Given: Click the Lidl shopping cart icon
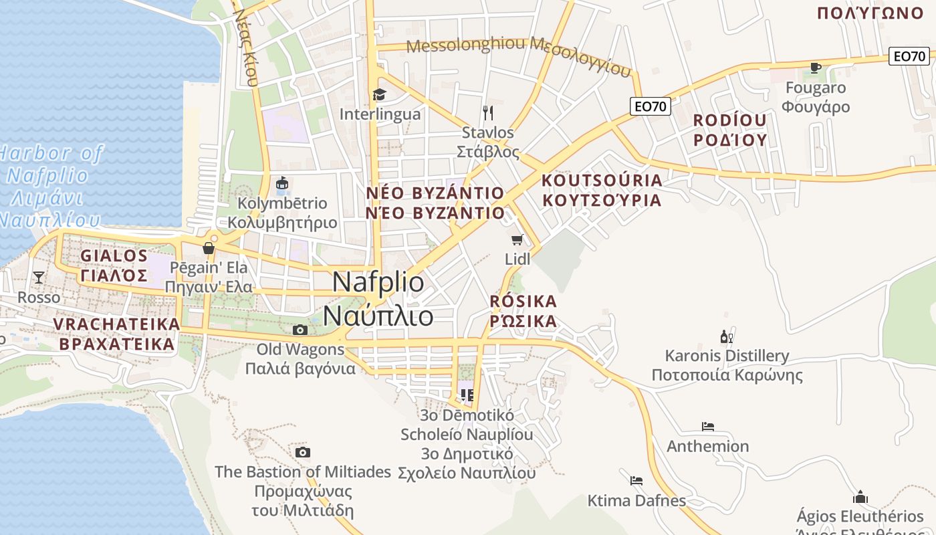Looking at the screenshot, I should [516, 239].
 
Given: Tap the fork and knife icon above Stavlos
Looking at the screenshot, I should [488, 112].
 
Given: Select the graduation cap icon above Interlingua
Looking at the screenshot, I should [379, 94].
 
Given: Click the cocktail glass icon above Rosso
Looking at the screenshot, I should [39, 277].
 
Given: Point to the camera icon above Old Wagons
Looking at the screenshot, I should [300, 330].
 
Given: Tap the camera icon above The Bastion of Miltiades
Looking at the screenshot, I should [303, 453].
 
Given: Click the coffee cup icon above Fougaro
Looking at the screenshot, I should [815, 68].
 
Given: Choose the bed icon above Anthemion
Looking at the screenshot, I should [708, 426].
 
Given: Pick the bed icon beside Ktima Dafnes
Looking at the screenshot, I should [636, 480].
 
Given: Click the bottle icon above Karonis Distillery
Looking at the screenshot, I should [726, 336].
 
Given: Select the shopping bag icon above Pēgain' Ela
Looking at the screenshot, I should [209, 249].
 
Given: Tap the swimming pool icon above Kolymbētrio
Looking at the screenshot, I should [282, 183].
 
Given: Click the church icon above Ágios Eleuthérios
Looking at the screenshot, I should [860, 497].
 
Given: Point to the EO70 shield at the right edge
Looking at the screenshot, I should [909, 56].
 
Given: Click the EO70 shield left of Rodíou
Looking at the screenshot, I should [650, 106].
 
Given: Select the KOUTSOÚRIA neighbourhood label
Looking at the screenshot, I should [602, 181].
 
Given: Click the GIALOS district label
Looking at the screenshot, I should [114, 256].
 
